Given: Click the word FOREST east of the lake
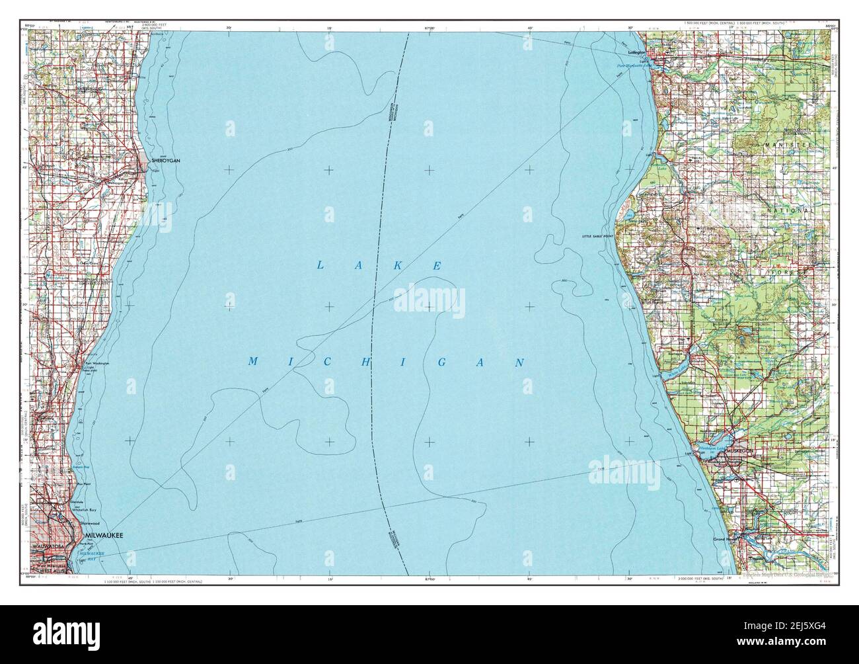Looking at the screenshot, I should tap(792, 272).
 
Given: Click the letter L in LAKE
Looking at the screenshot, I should tap(320, 265).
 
